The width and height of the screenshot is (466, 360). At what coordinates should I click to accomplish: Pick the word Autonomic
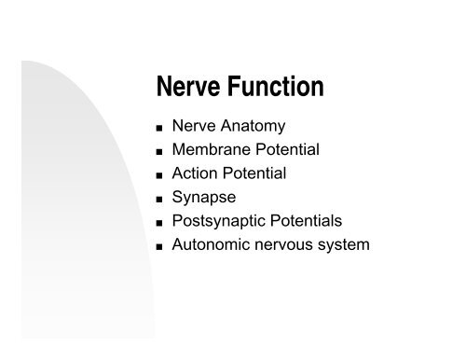(x=210, y=245)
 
